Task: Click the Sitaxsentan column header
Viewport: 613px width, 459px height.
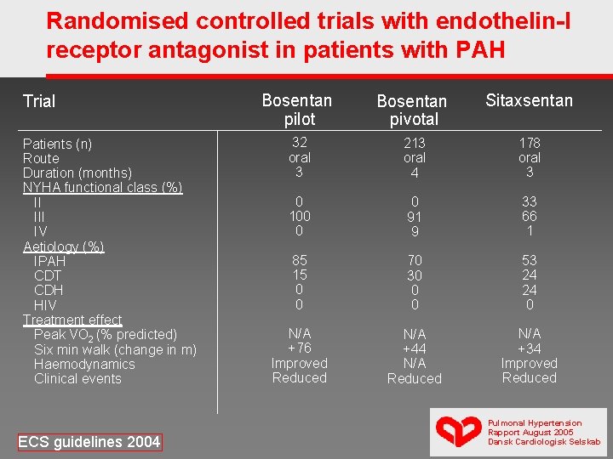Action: click(x=530, y=100)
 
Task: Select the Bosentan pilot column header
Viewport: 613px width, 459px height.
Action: click(x=297, y=110)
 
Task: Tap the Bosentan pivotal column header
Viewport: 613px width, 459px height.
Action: click(x=412, y=110)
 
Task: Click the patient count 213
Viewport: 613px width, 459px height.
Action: click(x=415, y=143)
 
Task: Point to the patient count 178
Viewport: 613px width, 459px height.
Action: click(x=530, y=143)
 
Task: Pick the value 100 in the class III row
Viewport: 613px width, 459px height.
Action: click(x=300, y=216)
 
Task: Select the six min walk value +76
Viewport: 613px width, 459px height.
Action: click(x=300, y=348)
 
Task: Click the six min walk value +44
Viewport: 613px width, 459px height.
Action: click(x=415, y=348)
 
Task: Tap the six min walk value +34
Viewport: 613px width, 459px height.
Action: click(x=530, y=348)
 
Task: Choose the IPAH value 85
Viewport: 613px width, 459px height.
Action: click(x=300, y=260)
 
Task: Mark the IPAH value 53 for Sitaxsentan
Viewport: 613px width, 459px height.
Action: click(x=530, y=260)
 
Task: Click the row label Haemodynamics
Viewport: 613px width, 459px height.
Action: click(x=84, y=364)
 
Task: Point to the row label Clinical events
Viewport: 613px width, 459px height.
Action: click(x=77, y=378)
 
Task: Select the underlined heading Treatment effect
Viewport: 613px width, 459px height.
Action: click(x=72, y=320)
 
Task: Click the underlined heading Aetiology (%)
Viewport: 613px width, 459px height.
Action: click(x=63, y=246)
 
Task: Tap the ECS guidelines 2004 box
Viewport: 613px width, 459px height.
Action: click(x=89, y=442)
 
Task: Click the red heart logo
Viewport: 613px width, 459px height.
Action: click(x=459, y=430)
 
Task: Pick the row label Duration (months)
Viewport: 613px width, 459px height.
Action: click(x=77, y=173)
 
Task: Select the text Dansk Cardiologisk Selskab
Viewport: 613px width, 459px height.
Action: click(x=544, y=442)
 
